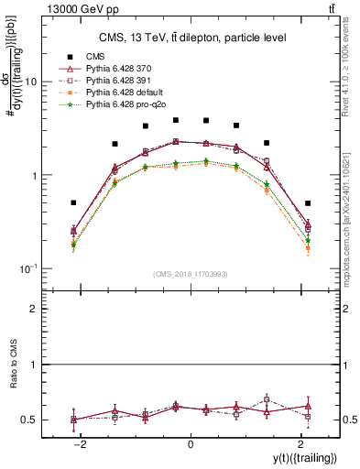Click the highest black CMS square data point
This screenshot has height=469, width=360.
(176, 120)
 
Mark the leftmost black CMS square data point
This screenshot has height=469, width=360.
(73, 202)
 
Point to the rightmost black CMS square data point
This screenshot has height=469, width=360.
(308, 203)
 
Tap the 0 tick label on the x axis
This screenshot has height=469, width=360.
(191, 442)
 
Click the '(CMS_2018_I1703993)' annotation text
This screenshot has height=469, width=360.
(191, 273)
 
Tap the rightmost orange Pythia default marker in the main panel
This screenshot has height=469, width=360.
(308, 248)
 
